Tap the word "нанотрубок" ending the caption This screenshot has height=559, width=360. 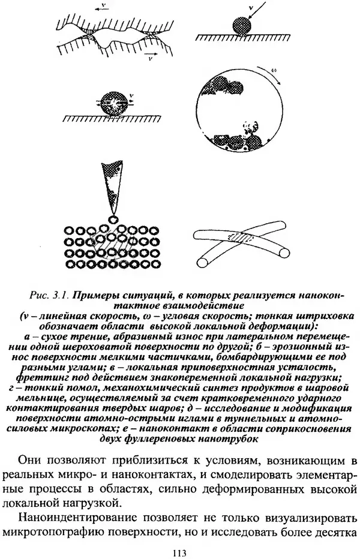[x=229, y=438]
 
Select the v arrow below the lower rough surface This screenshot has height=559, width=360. [x=147, y=56]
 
